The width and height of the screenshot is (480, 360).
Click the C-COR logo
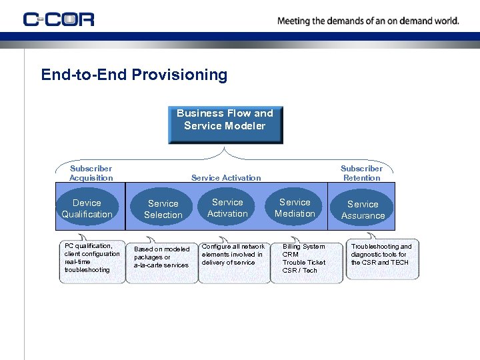click(59, 19)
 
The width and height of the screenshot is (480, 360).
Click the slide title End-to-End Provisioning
click(134, 75)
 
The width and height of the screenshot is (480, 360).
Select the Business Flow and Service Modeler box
click(225, 125)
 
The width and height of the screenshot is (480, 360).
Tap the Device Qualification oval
click(87, 209)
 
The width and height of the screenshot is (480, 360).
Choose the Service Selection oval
click(163, 209)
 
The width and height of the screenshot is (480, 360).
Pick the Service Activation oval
click(227, 208)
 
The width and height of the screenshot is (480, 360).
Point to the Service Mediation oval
click(295, 208)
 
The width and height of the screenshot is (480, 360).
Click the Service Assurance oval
click(363, 210)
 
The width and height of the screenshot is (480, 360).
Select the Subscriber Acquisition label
click(91, 173)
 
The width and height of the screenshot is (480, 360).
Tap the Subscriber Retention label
click(361, 173)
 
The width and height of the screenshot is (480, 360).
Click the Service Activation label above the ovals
click(226, 178)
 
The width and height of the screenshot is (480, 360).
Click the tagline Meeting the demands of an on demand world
click(368, 21)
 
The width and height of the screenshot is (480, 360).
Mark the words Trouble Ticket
click(304, 263)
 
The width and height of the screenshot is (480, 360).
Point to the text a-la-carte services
click(161, 265)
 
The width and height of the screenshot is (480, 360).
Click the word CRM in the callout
click(291, 255)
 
